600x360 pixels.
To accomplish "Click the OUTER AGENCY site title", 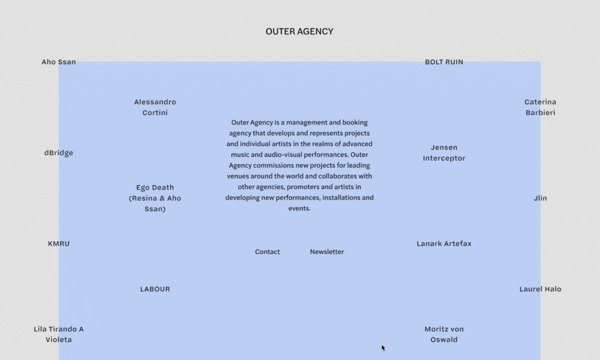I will pos(299,32).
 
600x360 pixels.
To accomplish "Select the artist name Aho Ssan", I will pos(59,62).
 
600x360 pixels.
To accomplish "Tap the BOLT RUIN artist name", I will pos(444,62).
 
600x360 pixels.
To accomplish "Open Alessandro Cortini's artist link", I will pos(155,107).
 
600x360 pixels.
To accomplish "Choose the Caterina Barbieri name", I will pos(540,107).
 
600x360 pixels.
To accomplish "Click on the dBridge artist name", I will pos(59,153).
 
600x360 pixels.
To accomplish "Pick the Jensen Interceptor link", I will pos(444,153).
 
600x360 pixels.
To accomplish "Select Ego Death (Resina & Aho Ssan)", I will pos(155,198).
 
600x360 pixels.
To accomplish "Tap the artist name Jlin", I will pos(540,198).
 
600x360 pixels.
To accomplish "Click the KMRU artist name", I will pos(59,244).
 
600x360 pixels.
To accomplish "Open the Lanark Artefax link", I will pos(444,244).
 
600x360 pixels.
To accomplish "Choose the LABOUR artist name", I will pos(155,289).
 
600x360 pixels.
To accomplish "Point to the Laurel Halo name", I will pos(540,289).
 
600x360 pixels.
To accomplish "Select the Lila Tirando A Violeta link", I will pos(59,334).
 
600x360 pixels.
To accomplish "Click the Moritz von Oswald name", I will pos(444,334).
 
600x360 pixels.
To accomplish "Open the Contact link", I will pos(267,252).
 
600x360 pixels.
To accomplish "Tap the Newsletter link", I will pos(327,252).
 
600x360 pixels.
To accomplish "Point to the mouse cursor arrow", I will pos(383,348).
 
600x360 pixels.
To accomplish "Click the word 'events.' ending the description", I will pos(299,209).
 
